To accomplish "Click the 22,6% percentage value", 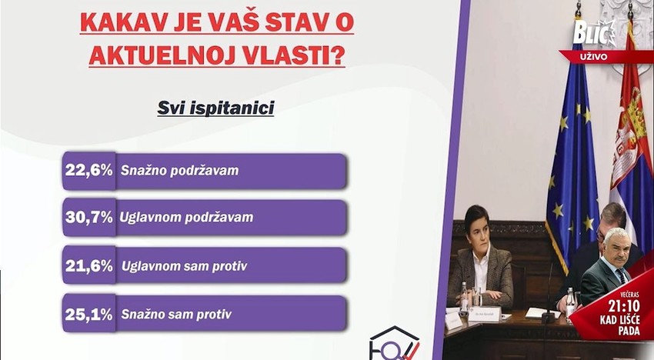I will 88,170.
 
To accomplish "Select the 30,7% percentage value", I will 88,217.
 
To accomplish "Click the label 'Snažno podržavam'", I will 179,171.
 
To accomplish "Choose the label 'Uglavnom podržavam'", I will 186,218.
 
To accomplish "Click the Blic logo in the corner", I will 595,33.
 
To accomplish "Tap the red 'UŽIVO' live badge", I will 595,56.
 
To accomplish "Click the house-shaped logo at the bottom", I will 394,344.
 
